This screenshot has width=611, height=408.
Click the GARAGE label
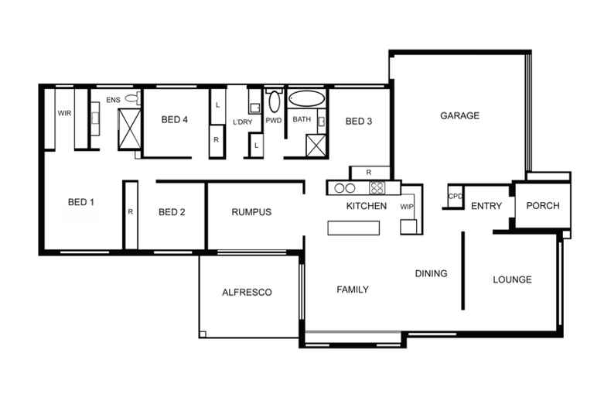coord(460,116)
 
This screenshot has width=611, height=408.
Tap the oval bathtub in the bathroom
coord(307,100)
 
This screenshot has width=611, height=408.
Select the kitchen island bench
coord(355,228)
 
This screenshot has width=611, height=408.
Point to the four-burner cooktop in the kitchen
coord(377,187)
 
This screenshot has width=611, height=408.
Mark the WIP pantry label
coord(407,207)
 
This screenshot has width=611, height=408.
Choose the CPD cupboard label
coord(455,197)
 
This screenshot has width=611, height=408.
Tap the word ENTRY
coord(486,207)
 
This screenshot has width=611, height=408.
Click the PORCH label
coord(542,206)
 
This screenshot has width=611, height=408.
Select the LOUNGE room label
coord(512,279)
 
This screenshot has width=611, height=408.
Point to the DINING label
coord(431,273)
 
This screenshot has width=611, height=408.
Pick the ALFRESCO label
coord(247,293)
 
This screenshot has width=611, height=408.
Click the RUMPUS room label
coord(251,213)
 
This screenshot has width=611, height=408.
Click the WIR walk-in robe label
coord(65,113)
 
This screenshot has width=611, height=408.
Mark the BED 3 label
coord(359,121)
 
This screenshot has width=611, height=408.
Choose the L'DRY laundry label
coord(242,122)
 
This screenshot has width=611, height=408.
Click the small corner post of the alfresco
coord(203,334)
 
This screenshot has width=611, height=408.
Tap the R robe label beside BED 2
coord(130,211)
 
